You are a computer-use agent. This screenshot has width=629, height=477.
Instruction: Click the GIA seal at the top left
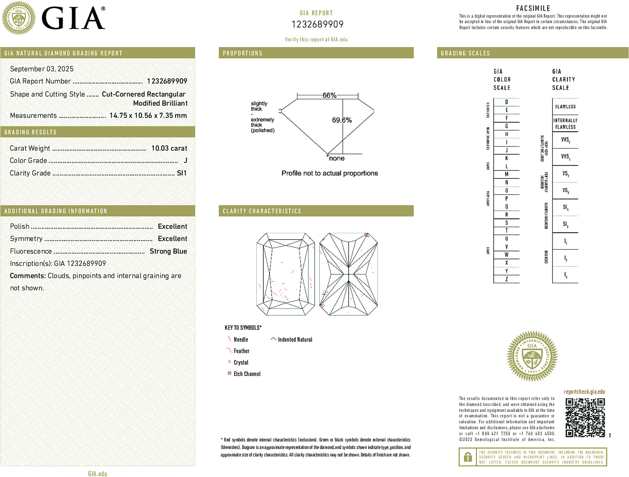click(19, 18)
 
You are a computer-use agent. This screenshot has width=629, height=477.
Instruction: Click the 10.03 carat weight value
click(169, 148)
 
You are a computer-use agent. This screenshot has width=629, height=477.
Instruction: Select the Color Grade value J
click(185, 161)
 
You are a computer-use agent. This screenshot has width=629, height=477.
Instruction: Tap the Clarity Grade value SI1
click(182, 173)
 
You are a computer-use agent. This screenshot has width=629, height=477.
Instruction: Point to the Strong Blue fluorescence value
click(168, 251)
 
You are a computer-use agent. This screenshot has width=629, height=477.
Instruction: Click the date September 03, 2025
click(42, 69)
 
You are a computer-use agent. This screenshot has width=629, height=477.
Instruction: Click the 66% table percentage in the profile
click(329, 95)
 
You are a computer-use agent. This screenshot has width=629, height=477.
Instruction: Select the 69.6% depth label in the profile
click(342, 120)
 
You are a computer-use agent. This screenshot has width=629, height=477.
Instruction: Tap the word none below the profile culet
click(336, 158)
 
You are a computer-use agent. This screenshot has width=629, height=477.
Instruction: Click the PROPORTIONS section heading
click(242, 53)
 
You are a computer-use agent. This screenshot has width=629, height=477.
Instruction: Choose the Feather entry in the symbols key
click(241, 351)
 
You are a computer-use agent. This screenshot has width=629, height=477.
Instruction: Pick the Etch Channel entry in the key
click(247, 374)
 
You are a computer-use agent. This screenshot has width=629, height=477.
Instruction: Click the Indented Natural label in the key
click(295, 339)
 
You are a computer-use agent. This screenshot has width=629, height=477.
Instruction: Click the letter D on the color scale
click(506, 102)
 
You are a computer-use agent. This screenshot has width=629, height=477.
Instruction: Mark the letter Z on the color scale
click(506, 279)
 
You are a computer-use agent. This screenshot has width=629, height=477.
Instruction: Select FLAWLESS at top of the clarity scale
click(565, 107)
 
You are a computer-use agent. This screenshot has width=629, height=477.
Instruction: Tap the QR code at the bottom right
click(585, 418)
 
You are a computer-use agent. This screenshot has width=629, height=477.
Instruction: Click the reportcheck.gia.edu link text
click(584, 392)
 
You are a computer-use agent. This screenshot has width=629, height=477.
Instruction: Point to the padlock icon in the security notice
click(467, 457)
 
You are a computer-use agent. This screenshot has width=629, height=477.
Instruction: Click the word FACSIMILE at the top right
click(533, 8)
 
